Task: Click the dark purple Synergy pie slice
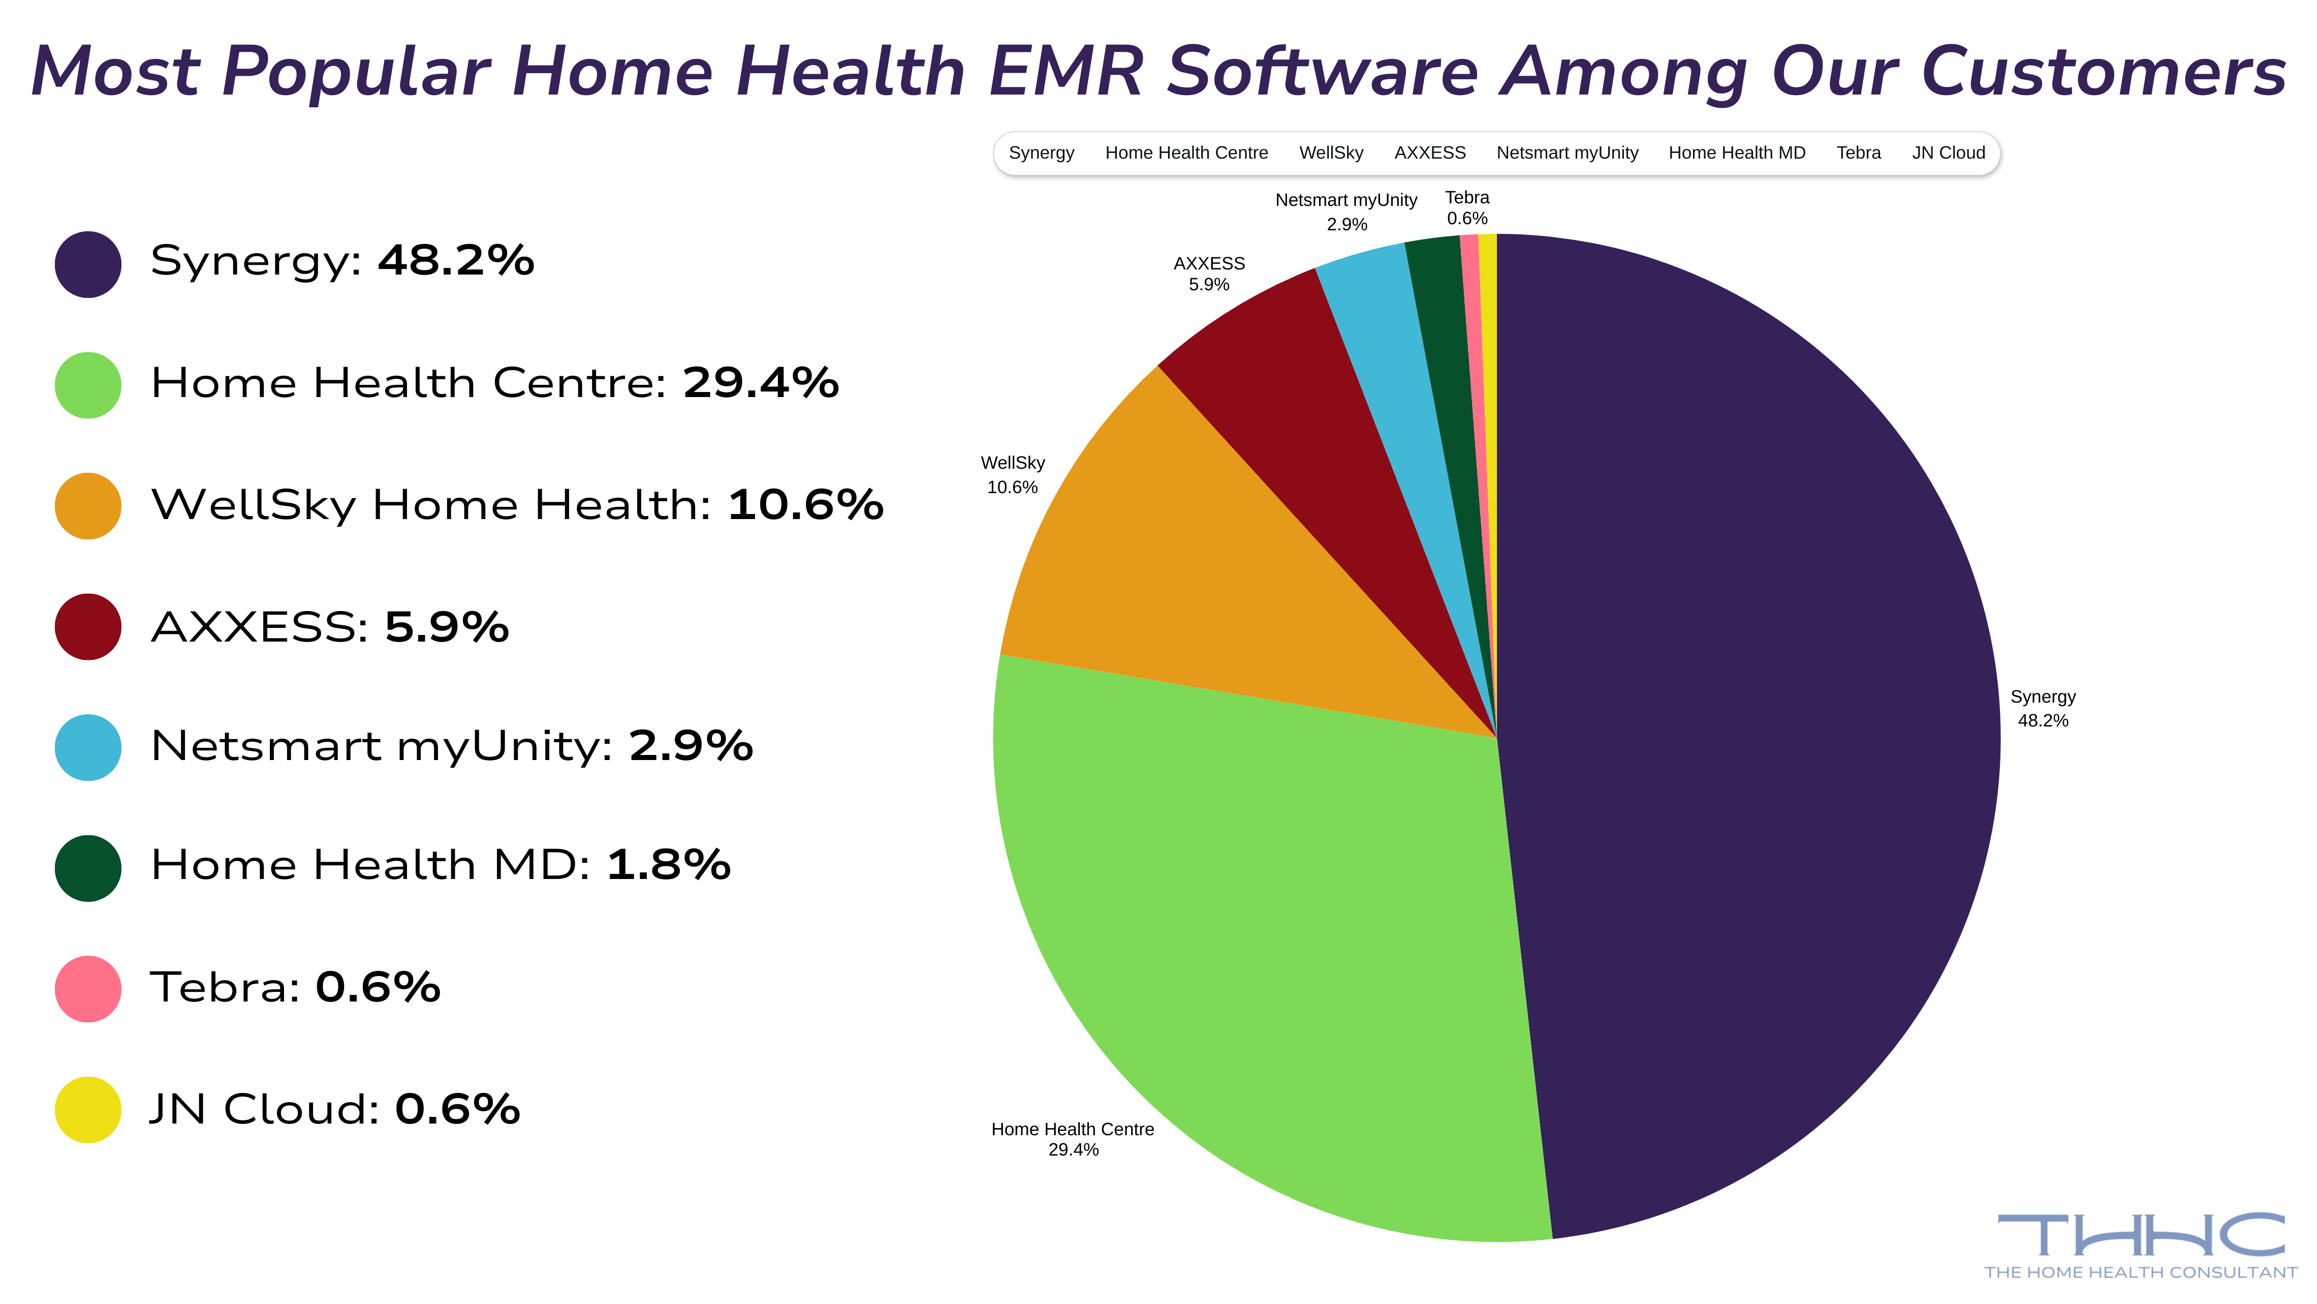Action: [x=1754, y=738]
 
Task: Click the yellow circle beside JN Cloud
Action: [x=88, y=1110]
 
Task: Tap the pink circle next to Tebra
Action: [x=88, y=988]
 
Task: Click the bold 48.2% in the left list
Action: [x=456, y=261]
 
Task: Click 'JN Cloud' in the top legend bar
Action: [x=1948, y=153]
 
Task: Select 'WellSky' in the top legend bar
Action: [x=1331, y=153]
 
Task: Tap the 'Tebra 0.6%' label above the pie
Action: [x=1467, y=208]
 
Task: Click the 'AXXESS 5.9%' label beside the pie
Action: [x=1209, y=274]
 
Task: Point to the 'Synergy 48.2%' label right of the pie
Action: [x=2043, y=708]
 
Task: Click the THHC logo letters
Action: [x=2141, y=1235]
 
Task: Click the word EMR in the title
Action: [x=1066, y=72]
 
